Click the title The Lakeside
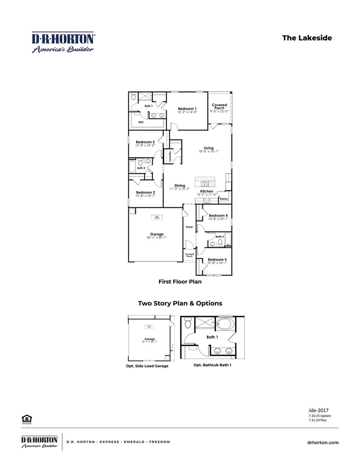307,38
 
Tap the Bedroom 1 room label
187,109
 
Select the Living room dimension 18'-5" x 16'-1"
208,151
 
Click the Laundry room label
170,156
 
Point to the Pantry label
224,199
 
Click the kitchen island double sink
204,184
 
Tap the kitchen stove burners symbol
207,201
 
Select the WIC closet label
141,122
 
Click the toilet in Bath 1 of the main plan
133,97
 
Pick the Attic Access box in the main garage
157,217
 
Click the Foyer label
189,227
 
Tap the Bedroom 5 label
217,259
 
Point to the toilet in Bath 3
220,242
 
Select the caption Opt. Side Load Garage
147,366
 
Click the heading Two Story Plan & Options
180,303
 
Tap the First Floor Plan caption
180,282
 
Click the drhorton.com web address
323,443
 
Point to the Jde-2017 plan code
318,410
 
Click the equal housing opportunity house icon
27,418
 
